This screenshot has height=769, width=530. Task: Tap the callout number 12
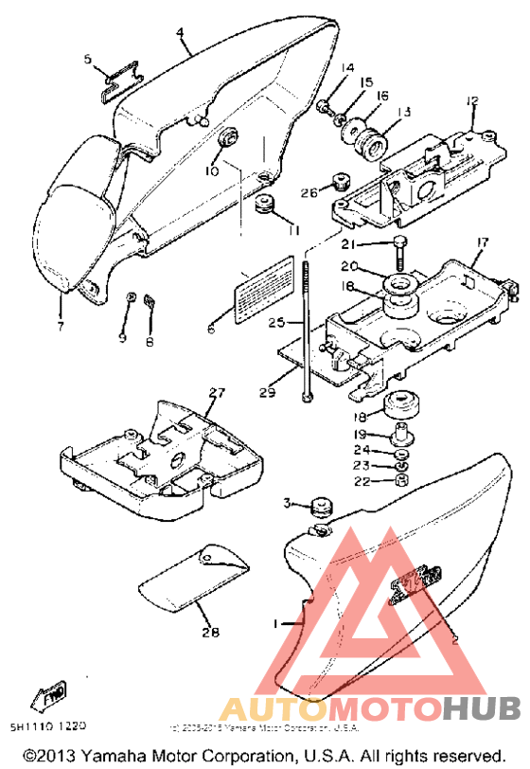coord(472,100)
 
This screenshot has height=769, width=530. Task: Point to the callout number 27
coord(217,392)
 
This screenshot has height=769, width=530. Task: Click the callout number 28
coord(209,630)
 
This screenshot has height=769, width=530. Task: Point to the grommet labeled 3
coord(320,506)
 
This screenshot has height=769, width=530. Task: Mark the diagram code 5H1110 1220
coord(47,726)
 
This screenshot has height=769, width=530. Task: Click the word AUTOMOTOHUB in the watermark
coord(369,706)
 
